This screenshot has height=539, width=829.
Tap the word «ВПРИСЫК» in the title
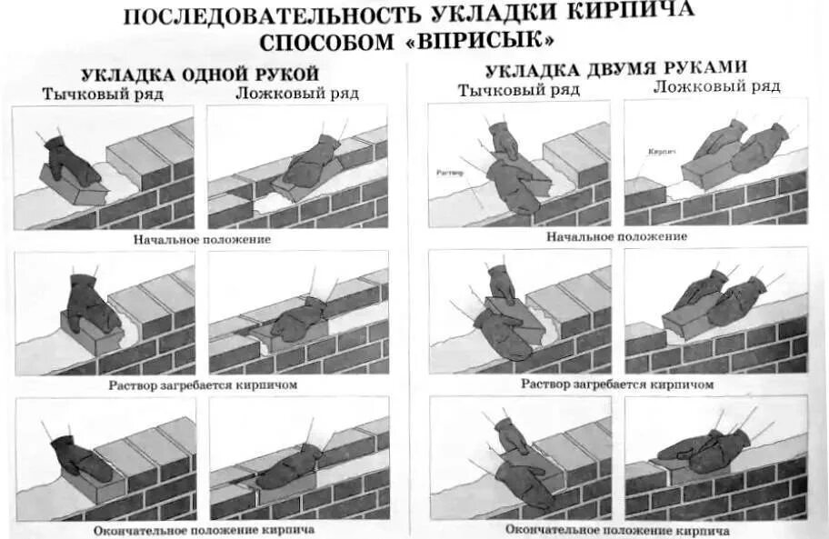[490, 43]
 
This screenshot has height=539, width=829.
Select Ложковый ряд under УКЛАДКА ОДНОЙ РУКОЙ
[296, 93]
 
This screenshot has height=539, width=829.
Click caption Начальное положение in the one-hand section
[202, 240]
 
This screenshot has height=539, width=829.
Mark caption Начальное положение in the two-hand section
[617, 236]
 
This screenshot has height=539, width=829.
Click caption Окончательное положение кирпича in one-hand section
[204, 529]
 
